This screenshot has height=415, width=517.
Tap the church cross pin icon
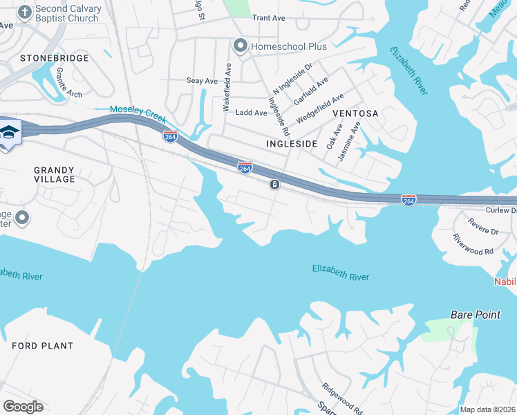point(25,12)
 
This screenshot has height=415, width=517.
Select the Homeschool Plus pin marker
point(241,46)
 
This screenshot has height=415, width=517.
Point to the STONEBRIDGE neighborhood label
point(55,58)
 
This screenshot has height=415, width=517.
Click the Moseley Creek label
point(138,110)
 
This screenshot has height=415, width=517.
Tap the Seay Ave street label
point(202,81)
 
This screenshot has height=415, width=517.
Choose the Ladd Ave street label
point(251,113)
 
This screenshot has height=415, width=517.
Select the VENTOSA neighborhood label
point(355,113)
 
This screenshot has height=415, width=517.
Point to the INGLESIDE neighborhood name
point(291,144)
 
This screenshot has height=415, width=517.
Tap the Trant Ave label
point(269,18)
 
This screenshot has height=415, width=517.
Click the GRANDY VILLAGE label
point(54,174)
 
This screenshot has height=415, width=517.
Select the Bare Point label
point(475,315)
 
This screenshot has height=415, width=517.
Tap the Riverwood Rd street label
point(473,244)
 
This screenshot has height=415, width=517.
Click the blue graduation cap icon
point(8,133)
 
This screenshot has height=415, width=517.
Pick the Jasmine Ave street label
point(350,142)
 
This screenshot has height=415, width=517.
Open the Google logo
point(23,407)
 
